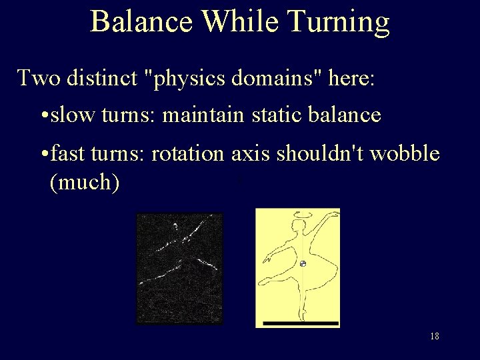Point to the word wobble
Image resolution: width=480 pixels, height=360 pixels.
coord(403,154)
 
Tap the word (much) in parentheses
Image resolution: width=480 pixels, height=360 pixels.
coord(85,181)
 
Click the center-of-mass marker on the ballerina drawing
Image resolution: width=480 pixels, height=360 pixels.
coord(303,264)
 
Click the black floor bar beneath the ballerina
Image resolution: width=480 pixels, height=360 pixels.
coord(301,323)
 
